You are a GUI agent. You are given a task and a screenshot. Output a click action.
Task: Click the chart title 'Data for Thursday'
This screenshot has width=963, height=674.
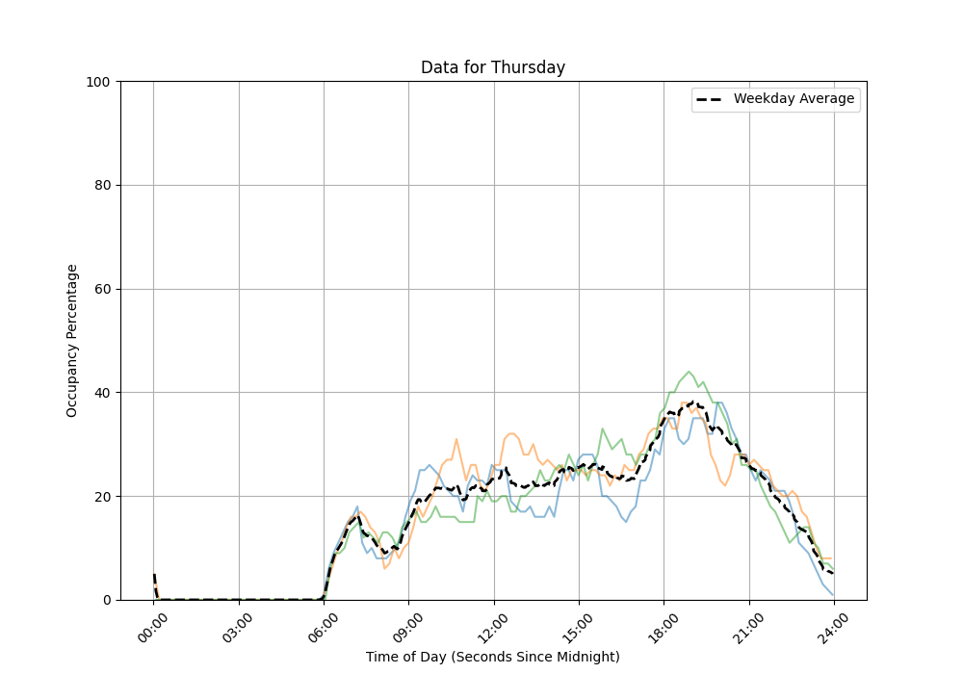(493, 68)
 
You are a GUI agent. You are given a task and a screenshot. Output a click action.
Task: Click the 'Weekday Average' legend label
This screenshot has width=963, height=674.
(794, 99)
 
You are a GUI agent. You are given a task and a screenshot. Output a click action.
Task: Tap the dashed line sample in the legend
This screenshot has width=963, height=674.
(712, 99)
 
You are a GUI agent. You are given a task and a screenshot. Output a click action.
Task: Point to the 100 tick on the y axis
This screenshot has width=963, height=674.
(98, 82)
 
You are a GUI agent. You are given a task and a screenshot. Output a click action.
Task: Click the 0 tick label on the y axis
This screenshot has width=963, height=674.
(106, 600)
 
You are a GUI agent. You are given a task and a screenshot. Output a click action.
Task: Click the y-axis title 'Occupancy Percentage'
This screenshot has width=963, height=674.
(72, 341)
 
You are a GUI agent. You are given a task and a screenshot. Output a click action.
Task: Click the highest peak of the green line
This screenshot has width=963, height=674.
(688, 372)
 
